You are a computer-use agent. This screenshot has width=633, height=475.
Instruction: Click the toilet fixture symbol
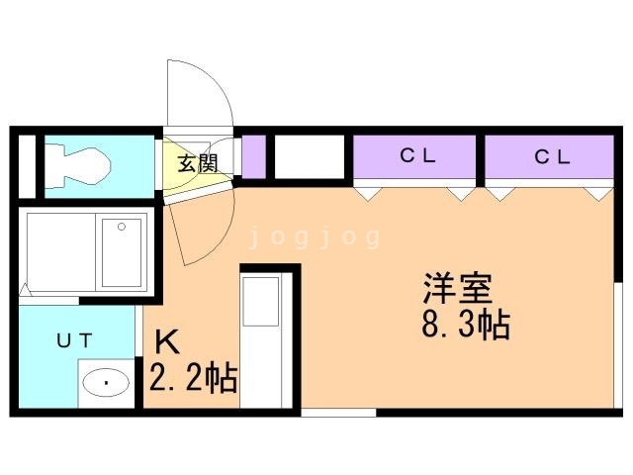pos(77,166)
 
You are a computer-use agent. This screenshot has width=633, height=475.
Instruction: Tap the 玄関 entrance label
pos(198,163)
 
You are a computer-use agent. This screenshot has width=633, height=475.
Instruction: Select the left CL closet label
pos(417,156)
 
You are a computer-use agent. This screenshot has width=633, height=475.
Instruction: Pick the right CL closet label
pos(552,156)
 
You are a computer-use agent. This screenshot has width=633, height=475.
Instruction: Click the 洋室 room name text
pos(458,288)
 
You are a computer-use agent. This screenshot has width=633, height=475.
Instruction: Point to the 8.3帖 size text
pos(466,324)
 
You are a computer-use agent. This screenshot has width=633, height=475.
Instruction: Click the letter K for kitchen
pos(167,341)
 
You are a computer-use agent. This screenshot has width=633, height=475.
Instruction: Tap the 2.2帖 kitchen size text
pos(193,377)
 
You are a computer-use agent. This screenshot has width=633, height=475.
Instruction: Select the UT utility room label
pos(75,340)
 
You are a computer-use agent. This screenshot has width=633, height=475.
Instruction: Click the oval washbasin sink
pos(106,382)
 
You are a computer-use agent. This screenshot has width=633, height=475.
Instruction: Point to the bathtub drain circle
pos(122,227)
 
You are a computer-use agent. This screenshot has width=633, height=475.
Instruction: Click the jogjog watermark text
pos(315,237)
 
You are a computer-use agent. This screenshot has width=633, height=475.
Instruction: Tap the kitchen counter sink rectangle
pos(261,301)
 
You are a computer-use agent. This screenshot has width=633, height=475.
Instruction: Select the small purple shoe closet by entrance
pos(253,157)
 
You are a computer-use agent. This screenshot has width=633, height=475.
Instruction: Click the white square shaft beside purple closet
pos(310,157)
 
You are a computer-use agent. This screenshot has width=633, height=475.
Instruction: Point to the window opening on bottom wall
pos(338,413)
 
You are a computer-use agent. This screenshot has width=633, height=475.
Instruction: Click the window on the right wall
pos(617,345)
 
